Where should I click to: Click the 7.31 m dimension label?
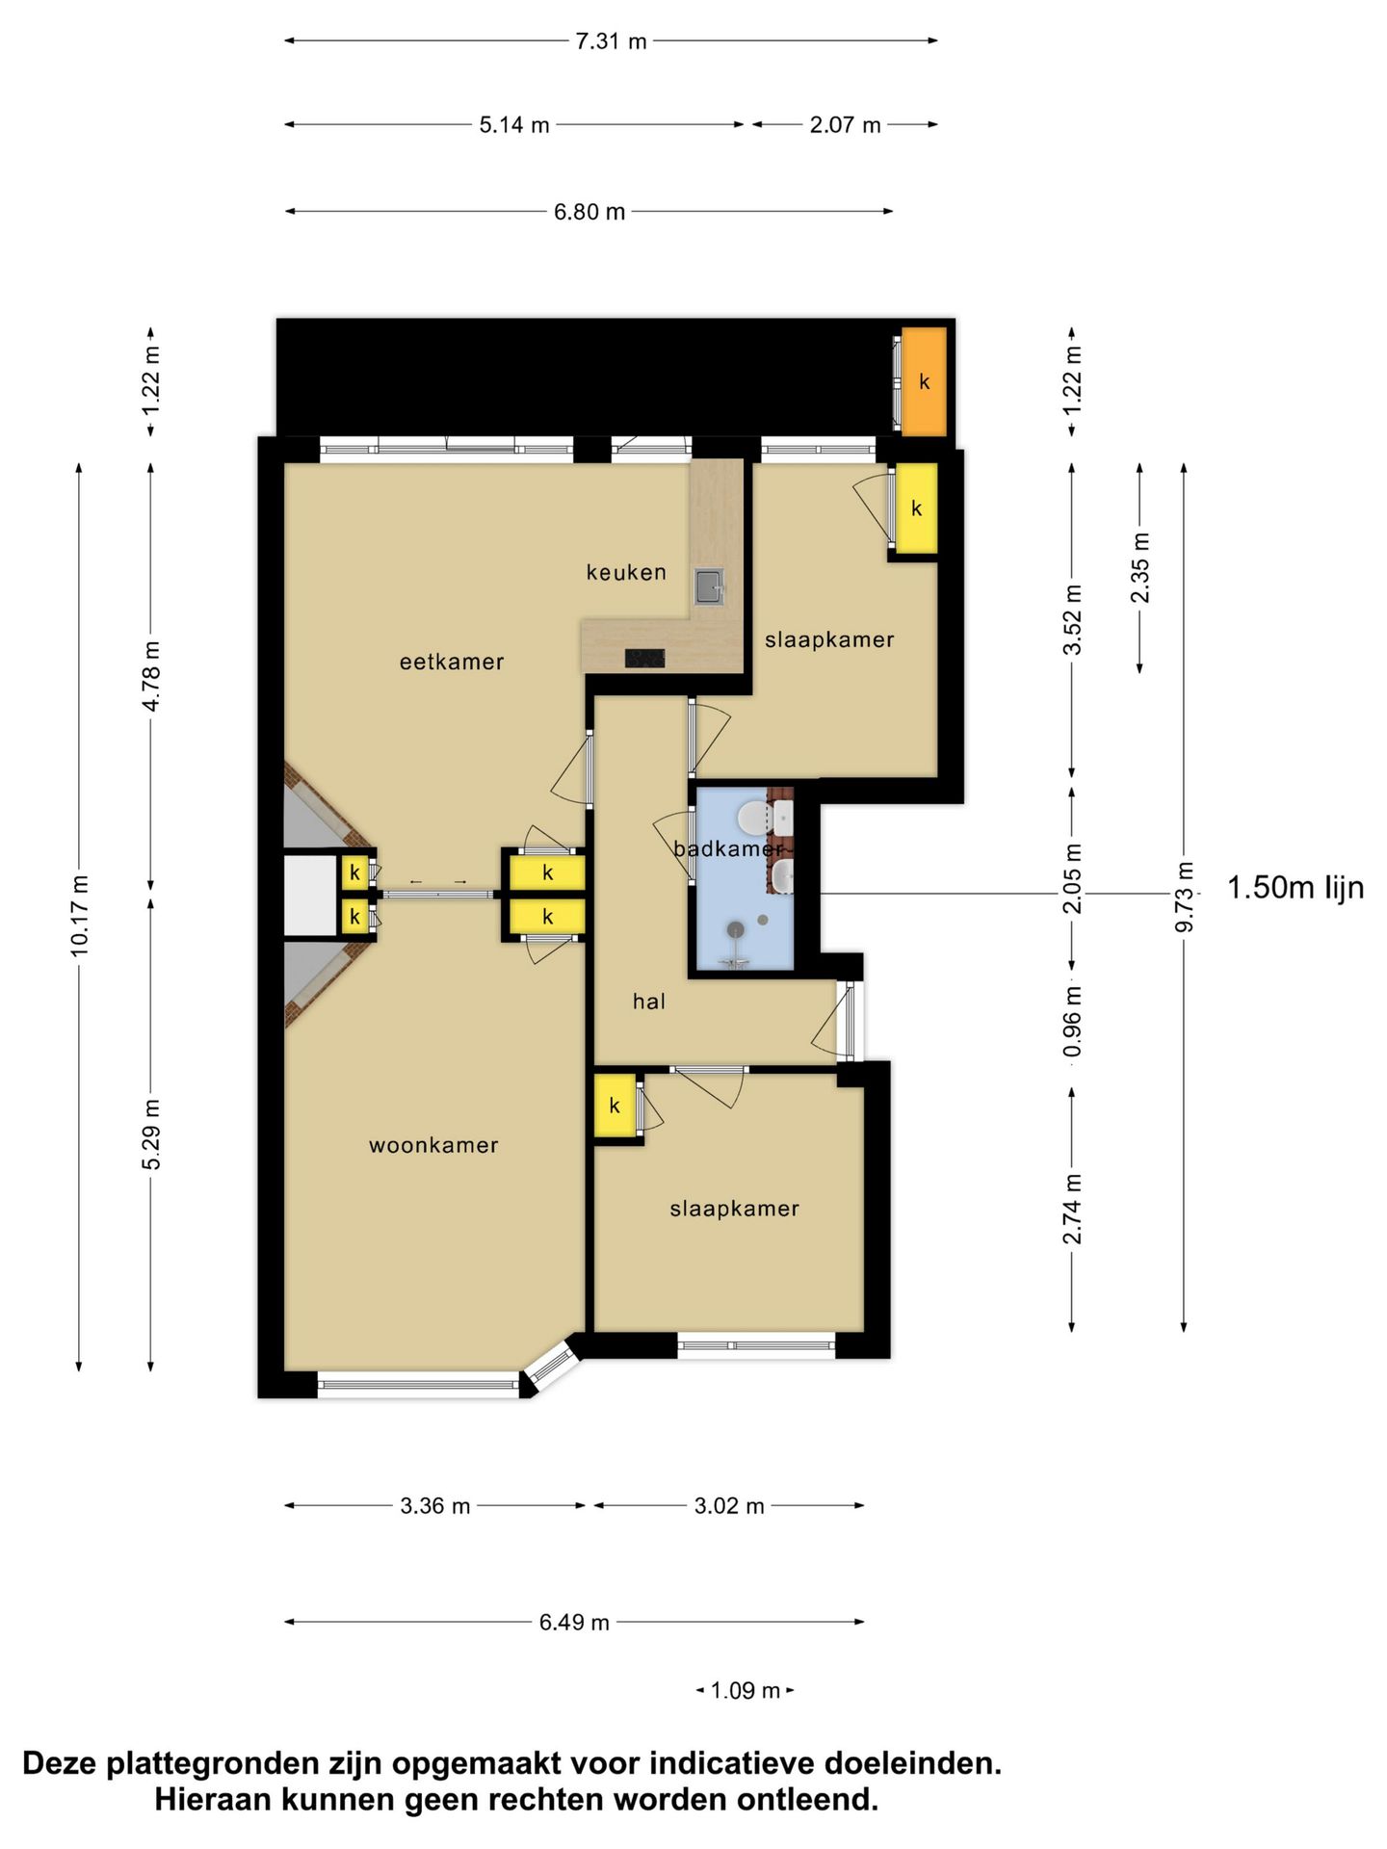[611, 41]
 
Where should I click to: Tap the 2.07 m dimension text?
[845, 125]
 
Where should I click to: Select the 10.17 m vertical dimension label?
[79, 916]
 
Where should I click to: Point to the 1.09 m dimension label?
[745, 1690]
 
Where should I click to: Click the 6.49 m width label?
[574, 1622]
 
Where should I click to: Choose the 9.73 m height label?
[1185, 897]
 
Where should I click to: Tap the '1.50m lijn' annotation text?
[1295, 887]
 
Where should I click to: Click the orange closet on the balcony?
[924, 382]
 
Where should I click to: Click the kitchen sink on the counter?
[711, 586]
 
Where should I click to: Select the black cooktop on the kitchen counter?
[644, 659]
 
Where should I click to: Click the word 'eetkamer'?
[452, 662]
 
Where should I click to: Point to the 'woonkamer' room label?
[433, 1145]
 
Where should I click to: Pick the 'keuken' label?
[626, 572]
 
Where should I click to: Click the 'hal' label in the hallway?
[649, 1002]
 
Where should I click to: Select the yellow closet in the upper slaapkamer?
[917, 508]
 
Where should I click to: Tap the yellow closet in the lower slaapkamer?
[615, 1106]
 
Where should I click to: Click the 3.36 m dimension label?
[435, 1506]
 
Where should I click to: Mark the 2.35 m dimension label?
[1140, 567]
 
